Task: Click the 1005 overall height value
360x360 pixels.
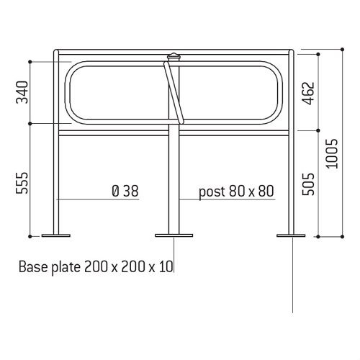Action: click(x=330, y=153)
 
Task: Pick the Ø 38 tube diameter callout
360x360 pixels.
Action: click(x=125, y=191)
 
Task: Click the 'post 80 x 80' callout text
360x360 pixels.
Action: click(x=237, y=191)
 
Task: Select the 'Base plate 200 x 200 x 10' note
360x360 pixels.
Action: click(x=95, y=267)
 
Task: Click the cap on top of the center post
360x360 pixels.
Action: click(x=174, y=56)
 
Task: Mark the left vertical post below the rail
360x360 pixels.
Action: click(x=56, y=180)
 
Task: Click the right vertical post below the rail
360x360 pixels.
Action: click(x=291, y=180)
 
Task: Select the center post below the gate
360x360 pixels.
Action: click(x=174, y=180)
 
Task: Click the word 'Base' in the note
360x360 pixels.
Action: click(x=32, y=267)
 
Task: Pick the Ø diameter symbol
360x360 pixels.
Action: click(x=115, y=191)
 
